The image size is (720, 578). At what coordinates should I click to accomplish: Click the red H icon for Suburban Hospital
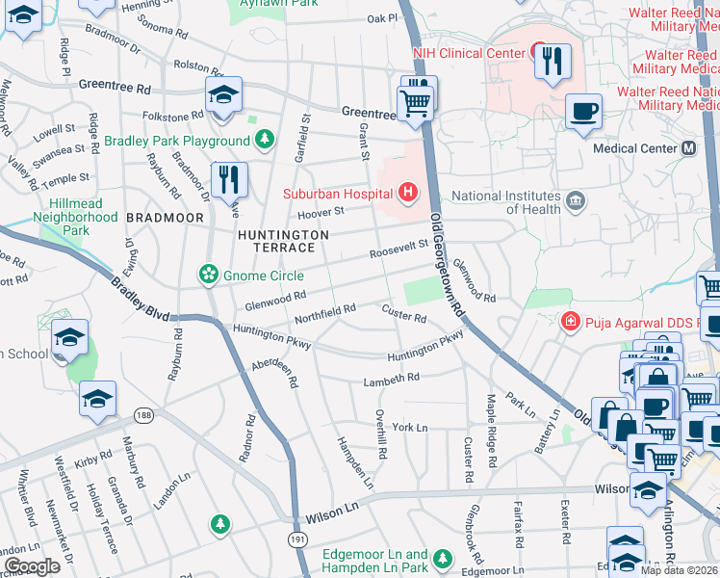tap(408, 193)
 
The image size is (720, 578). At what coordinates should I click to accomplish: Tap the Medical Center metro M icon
tap(688, 148)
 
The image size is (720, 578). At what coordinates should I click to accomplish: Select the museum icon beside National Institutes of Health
tap(576, 200)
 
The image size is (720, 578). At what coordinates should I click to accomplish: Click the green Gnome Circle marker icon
tap(208, 276)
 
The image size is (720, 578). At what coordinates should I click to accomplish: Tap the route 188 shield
tap(144, 415)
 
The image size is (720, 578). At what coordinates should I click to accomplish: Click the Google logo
tap(32, 565)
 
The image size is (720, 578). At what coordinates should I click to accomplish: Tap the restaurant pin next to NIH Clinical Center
tap(552, 62)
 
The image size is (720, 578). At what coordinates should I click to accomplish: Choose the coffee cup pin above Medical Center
tap(584, 113)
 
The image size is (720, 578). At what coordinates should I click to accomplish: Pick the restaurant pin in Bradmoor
tap(229, 179)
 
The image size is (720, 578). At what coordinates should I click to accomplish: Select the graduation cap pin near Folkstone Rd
tap(223, 95)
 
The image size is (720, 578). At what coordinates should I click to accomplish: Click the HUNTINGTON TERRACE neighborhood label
tap(284, 241)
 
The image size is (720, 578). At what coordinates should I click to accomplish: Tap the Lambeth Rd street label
tap(392, 380)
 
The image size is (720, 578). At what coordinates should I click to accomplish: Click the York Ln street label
tap(409, 427)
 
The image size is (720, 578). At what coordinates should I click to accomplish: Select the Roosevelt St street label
tap(399, 253)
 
